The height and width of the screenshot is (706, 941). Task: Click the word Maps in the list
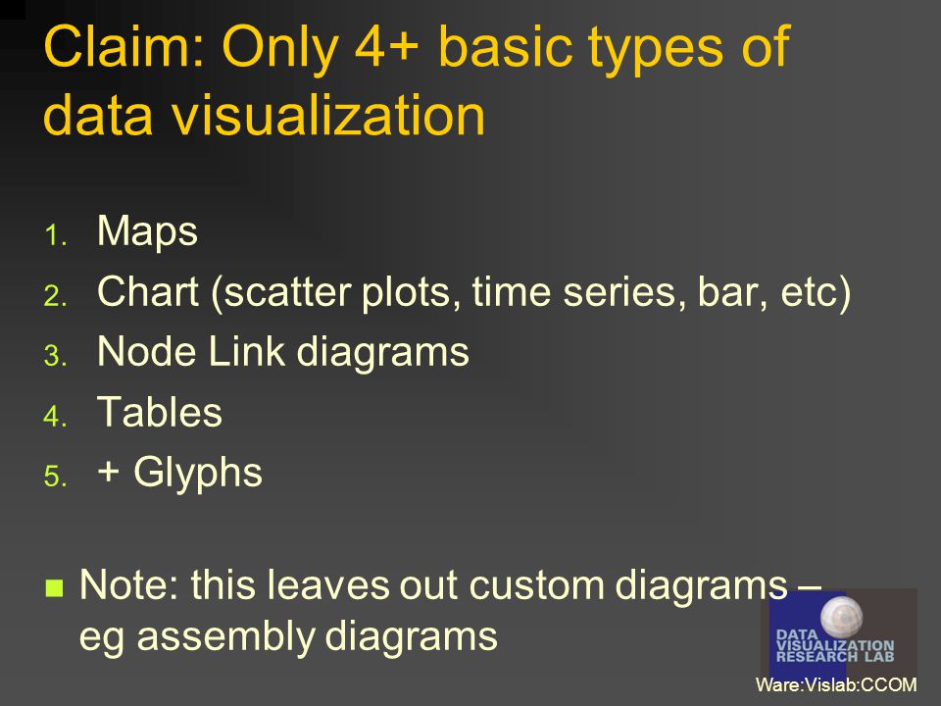click(147, 231)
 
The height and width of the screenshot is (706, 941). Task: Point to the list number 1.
click(55, 234)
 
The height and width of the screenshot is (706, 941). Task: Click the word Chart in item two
click(148, 292)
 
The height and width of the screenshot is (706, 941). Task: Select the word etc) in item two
click(816, 293)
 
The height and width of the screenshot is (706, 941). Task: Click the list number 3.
click(55, 355)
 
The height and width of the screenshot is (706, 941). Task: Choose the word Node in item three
click(146, 351)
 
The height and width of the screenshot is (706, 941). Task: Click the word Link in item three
click(246, 351)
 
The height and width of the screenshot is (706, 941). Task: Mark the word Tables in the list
click(160, 412)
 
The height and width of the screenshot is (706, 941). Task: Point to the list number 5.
click(55, 477)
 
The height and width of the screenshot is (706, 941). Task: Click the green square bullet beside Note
click(54, 587)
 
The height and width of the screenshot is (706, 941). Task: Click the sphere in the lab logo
click(841, 618)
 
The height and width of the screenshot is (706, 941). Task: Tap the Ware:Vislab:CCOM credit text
click(836, 684)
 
